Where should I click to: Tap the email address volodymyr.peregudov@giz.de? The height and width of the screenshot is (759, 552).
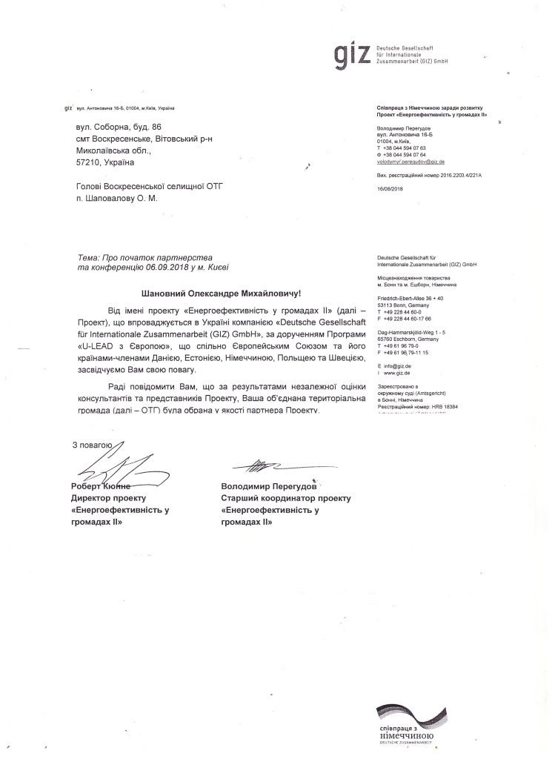[410, 161]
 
